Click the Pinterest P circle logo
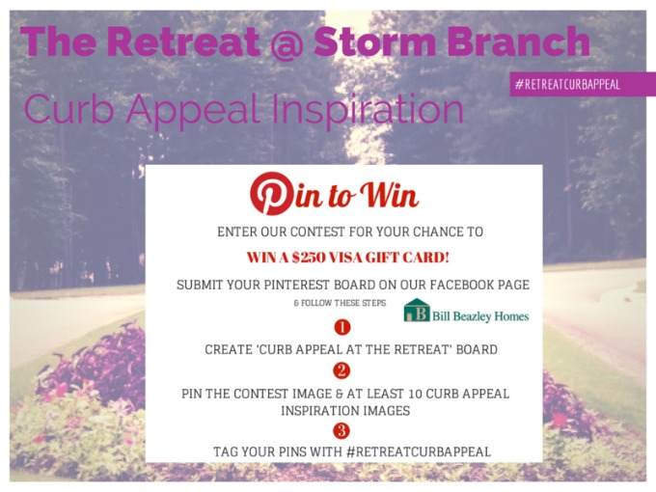[x=272, y=193]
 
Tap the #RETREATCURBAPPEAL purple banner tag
[x=581, y=84]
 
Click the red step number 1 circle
[x=342, y=327]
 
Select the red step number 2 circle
[x=342, y=371]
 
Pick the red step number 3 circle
[x=342, y=430]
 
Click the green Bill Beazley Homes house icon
[x=417, y=312]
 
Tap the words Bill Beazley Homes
[x=480, y=315]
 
